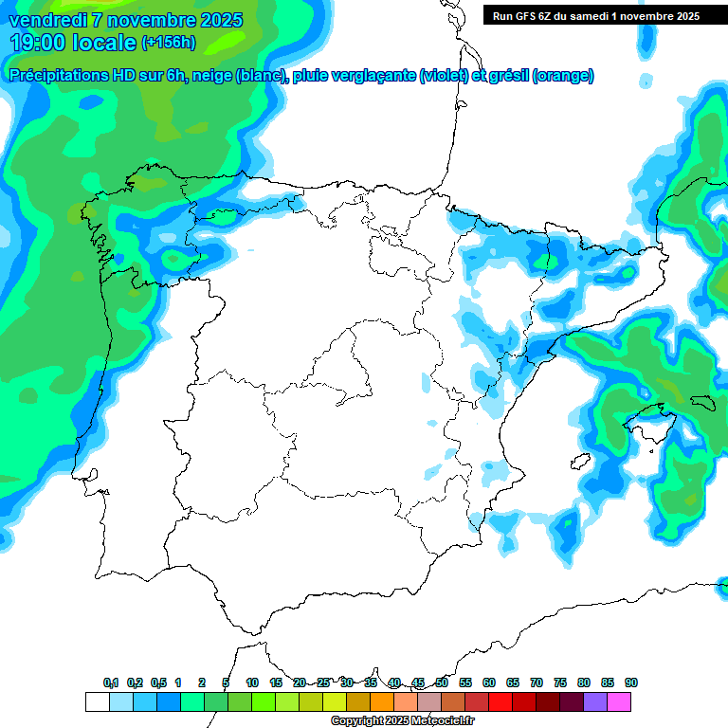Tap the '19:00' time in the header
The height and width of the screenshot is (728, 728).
38,43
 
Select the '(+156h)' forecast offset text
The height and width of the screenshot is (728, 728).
169,43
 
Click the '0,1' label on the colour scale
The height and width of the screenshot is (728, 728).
111,682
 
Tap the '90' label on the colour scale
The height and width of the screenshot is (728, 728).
631,682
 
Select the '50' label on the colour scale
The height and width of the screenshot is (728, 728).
442,682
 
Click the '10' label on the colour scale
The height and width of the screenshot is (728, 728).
252,682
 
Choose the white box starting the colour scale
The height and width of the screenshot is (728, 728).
97,701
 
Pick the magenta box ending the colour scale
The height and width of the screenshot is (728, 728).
619,701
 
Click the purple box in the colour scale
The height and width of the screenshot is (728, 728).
595,701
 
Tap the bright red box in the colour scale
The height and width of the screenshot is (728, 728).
500,701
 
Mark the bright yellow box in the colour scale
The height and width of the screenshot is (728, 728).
334,701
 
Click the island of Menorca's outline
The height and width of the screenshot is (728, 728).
702,402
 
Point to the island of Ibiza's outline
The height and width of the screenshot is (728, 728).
580,463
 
